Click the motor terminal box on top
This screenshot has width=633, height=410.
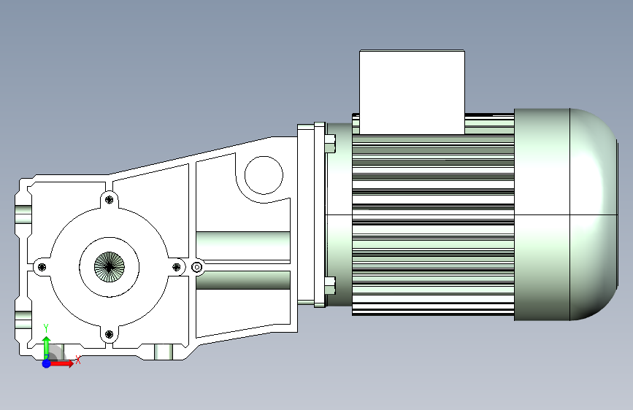(412, 93)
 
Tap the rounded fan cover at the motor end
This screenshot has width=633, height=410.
(566, 214)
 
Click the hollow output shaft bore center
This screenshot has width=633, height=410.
(110, 267)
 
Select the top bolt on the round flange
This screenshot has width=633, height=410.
(109, 199)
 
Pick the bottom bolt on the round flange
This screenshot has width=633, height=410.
(109, 334)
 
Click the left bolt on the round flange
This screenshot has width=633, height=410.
(42, 267)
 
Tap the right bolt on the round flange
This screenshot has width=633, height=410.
(177, 267)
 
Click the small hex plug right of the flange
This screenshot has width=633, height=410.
(196, 267)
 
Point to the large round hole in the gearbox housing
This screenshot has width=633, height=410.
(264, 175)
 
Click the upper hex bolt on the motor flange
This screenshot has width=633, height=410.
(330, 144)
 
